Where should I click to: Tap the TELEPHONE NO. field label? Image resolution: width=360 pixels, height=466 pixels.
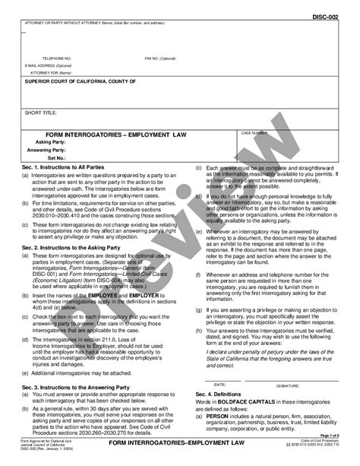56,58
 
